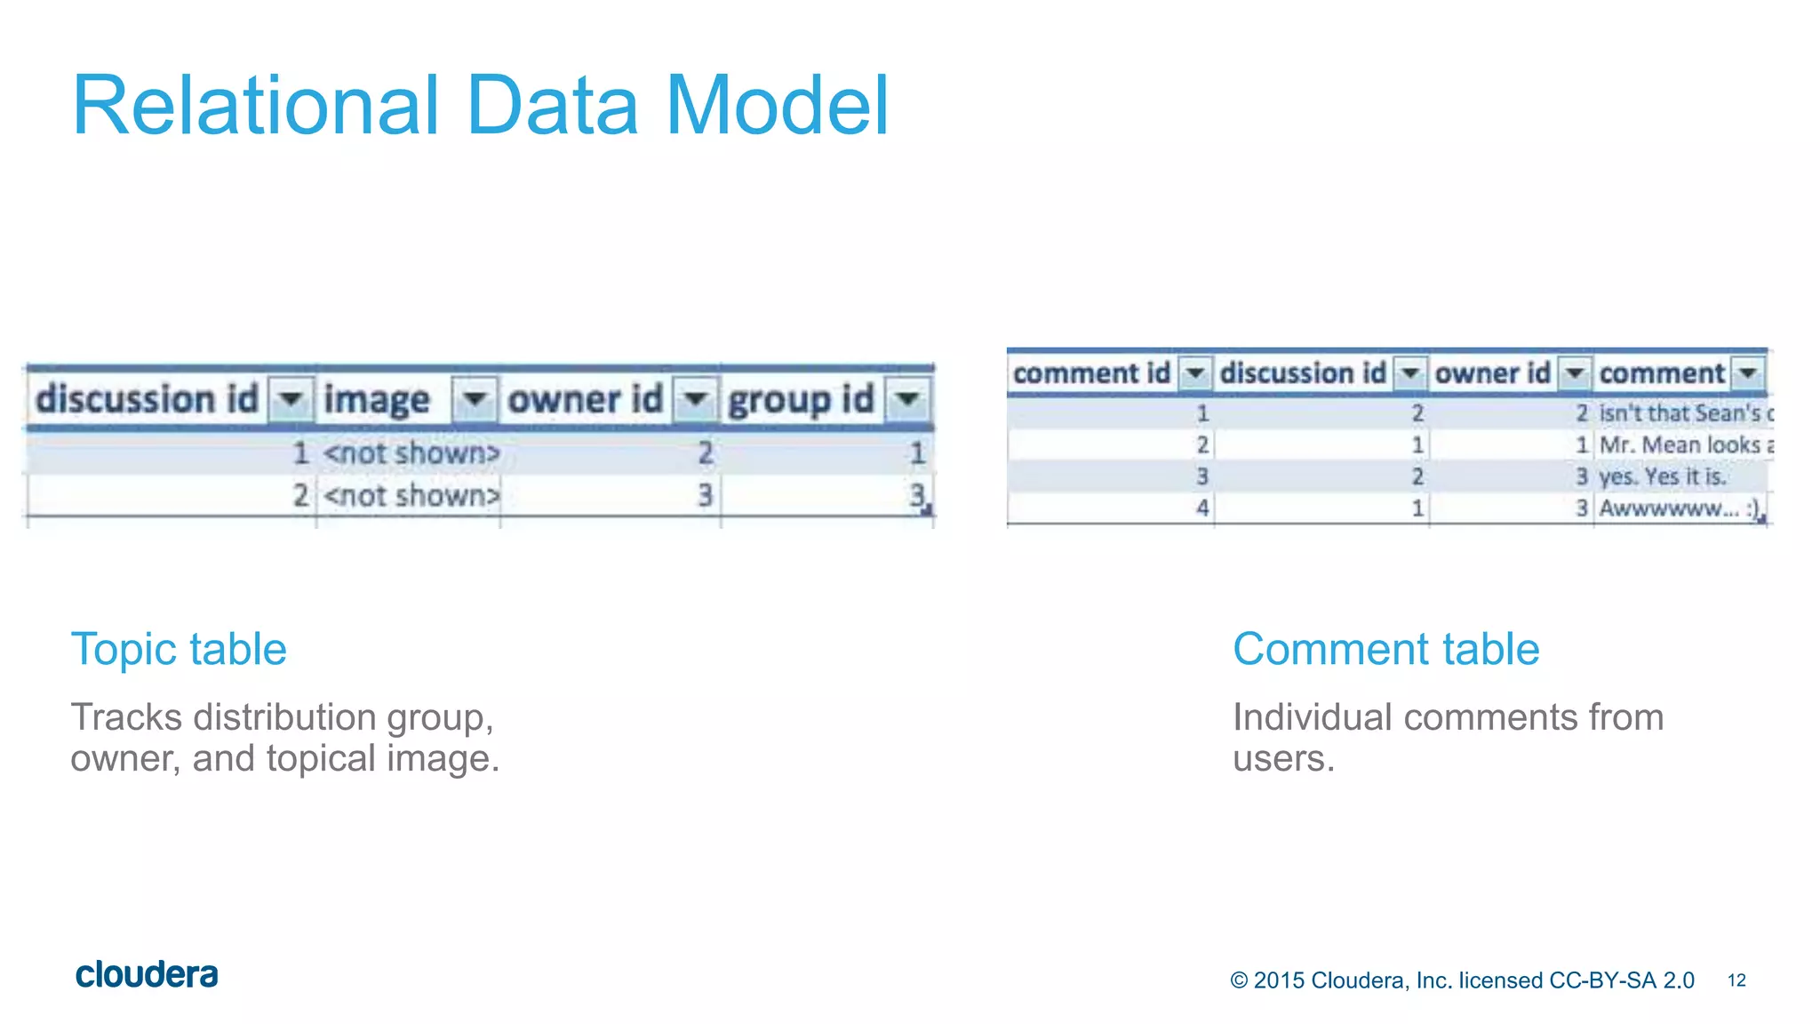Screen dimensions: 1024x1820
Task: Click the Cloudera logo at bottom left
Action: pos(147,975)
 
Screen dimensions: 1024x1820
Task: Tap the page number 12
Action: pos(1736,980)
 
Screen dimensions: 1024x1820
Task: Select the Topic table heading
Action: pos(179,649)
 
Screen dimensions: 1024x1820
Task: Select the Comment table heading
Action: pos(1385,649)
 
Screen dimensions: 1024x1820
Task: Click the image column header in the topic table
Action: pos(377,399)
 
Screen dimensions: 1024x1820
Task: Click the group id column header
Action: pos(801,399)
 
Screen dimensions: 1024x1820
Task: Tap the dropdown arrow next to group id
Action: pos(907,399)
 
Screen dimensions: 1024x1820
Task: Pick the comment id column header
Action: pos(1091,373)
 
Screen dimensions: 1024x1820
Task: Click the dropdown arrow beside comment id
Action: pos(1195,373)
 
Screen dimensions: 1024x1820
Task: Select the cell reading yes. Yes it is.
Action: pos(1662,477)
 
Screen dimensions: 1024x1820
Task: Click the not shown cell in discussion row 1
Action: pos(411,453)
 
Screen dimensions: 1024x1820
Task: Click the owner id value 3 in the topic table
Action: pos(705,495)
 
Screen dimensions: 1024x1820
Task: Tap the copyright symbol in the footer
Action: pos(1239,980)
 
